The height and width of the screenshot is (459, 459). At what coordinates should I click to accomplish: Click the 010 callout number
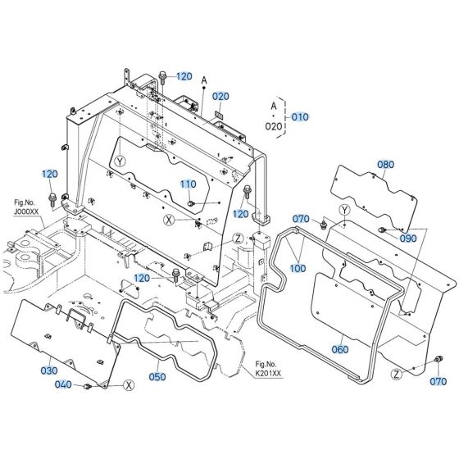tap(301, 117)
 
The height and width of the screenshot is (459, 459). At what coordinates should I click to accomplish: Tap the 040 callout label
tap(63, 384)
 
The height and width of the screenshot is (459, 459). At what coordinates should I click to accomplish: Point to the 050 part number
tap(157, 376)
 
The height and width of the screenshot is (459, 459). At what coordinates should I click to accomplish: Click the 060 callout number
tap(339, 349)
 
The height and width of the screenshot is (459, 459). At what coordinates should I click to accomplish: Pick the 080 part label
tap(385, 165)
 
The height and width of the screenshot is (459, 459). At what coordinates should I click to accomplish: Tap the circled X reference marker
tap(169, 220)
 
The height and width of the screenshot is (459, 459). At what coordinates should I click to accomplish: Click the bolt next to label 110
tap(191, 202)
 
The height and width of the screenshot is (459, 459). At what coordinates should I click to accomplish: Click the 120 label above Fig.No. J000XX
tap(51, 175)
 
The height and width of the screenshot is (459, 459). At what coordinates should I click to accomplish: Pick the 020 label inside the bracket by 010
tap(274, 127)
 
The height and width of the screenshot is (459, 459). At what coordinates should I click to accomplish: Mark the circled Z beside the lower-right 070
tap(398, 374)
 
